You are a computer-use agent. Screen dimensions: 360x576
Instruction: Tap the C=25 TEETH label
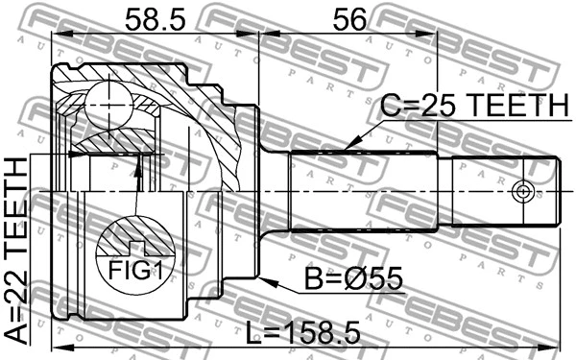471,106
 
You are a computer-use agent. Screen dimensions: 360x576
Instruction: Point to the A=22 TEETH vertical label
17,249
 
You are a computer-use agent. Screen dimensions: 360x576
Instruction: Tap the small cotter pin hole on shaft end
522,190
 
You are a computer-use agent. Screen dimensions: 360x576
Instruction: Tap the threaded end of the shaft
499,190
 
